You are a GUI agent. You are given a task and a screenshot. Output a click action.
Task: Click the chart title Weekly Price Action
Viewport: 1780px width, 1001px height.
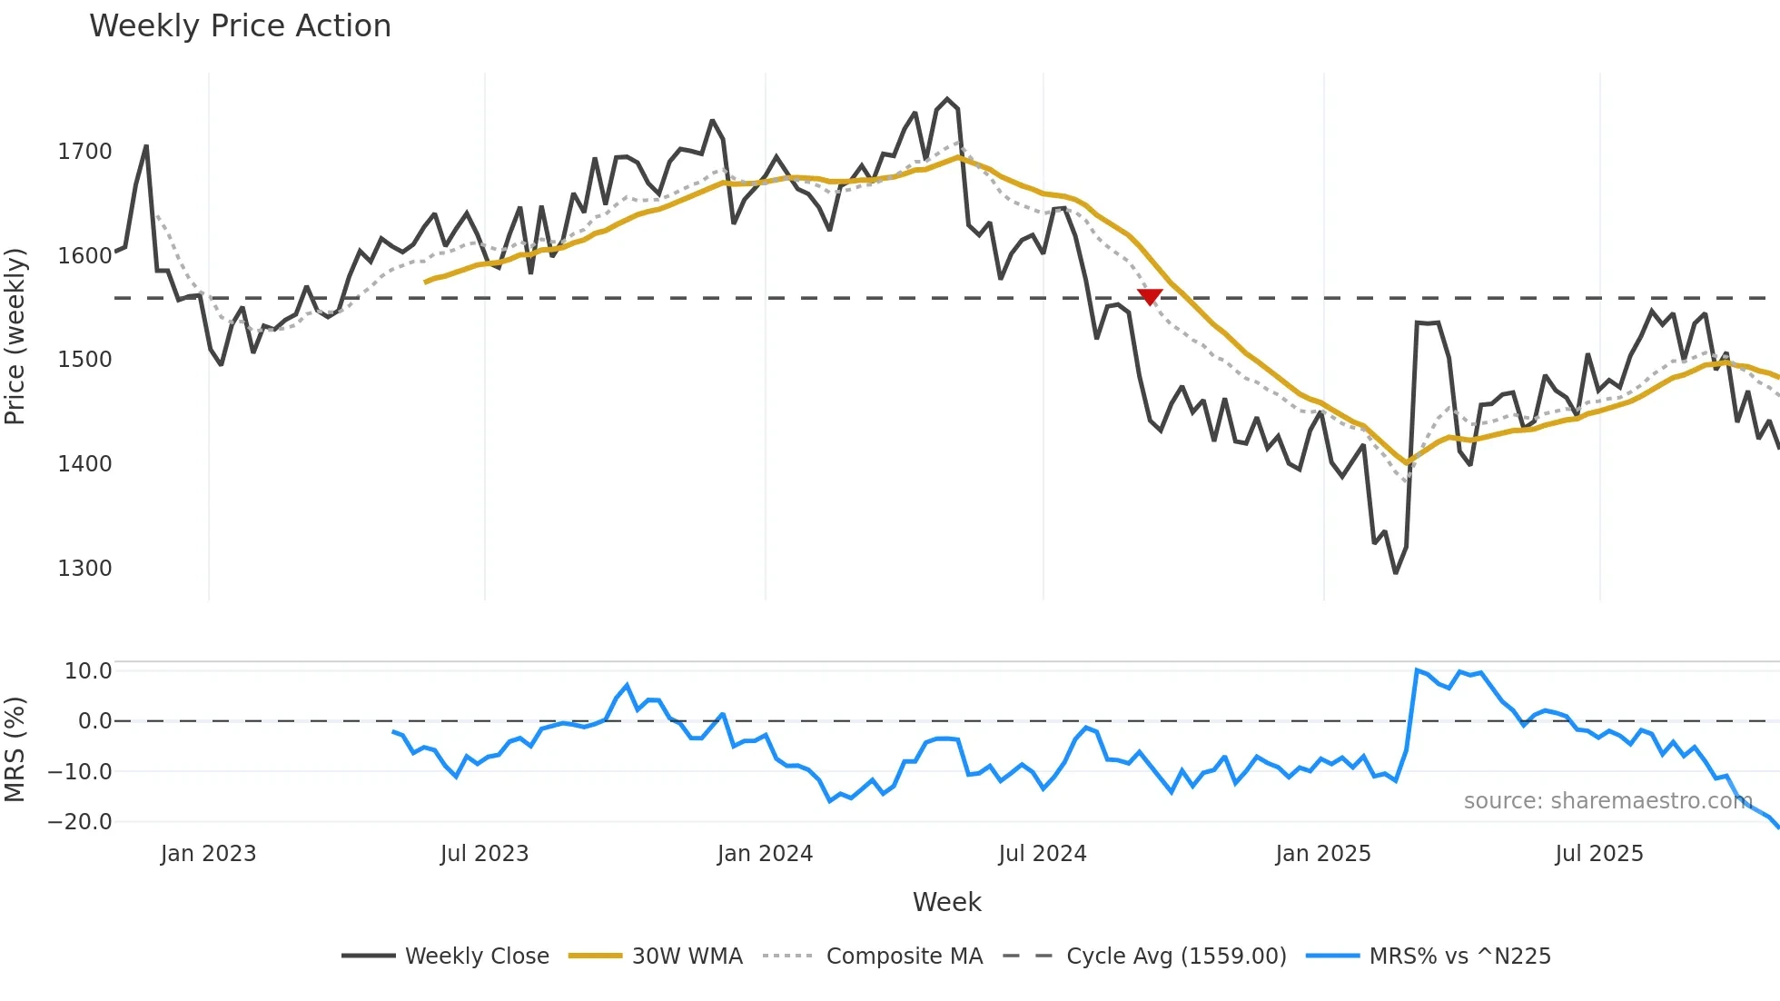pyautogui.click(x=240, y=26)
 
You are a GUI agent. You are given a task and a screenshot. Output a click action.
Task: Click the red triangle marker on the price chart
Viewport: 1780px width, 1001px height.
pyautogui.click(x=1150, y=296)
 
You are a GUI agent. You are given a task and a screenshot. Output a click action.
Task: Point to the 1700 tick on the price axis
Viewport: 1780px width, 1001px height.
pyautogui.click(x=84, y=152)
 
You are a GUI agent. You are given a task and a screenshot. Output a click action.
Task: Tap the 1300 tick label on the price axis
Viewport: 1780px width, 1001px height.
pyautogui.click(x=84, y=569)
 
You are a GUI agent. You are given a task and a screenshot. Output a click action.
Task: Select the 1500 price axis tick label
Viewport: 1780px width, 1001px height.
pyautogui.click(x=84, y=360)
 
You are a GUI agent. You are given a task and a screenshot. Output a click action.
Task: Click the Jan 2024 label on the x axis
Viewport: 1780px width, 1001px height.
pyautogui.click(x=765, y=854)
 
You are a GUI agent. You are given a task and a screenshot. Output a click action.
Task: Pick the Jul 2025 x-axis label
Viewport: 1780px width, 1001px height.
pyautogui.click(x=1598, y=854)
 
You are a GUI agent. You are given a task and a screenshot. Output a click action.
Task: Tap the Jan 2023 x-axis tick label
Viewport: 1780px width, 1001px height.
pyautogui.click(x=208, y=854)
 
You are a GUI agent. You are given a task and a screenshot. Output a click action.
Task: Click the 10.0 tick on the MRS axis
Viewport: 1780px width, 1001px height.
pyautogui.click(x=88, y=671)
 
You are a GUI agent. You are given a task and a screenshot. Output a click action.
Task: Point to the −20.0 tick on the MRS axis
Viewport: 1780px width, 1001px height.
pyautogui.click(x=80, y=822)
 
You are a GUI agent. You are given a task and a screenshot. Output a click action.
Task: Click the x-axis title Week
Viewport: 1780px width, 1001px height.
pyautogui.click(x=946, y=902)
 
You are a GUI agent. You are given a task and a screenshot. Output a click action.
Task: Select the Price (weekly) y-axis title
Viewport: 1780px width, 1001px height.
pyautogui.click(x=15, y=336)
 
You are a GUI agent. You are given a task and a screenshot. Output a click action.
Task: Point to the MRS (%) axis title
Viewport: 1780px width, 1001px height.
pyautogui.click(x=15, y=749)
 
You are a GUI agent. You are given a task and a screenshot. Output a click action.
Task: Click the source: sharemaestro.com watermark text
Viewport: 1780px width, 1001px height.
pyautogui.click(x=1607, y=801)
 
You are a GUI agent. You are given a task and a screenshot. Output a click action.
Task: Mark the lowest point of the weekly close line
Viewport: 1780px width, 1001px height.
pyautogui.click(x=1396, y=572)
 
